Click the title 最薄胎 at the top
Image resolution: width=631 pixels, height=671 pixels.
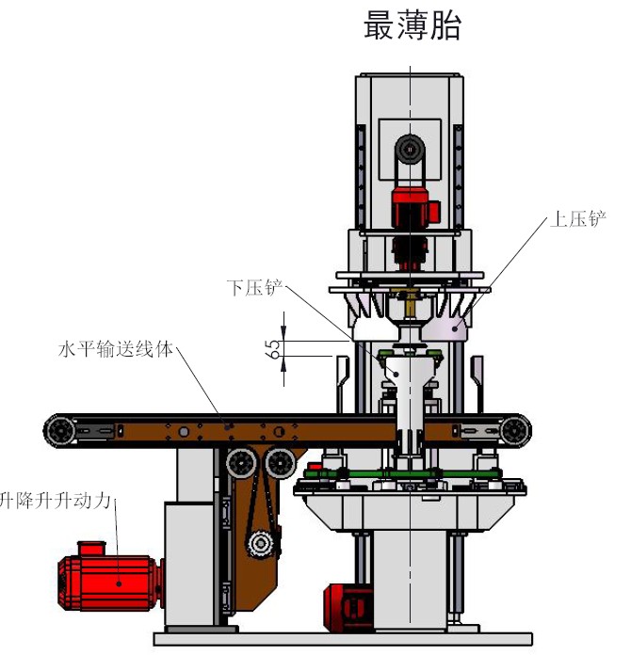pos(412,26)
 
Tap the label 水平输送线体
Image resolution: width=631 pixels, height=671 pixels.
pos(116,349)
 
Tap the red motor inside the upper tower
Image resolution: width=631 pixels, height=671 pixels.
pos(411,206)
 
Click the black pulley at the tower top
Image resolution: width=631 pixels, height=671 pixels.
pos(410,148)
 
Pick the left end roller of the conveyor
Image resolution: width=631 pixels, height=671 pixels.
pos(59,431)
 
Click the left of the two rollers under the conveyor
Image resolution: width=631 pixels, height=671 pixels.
pos(241,463)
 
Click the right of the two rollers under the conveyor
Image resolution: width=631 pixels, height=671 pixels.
pos(279,462)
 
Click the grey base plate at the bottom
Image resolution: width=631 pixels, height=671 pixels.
pos(339,638)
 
